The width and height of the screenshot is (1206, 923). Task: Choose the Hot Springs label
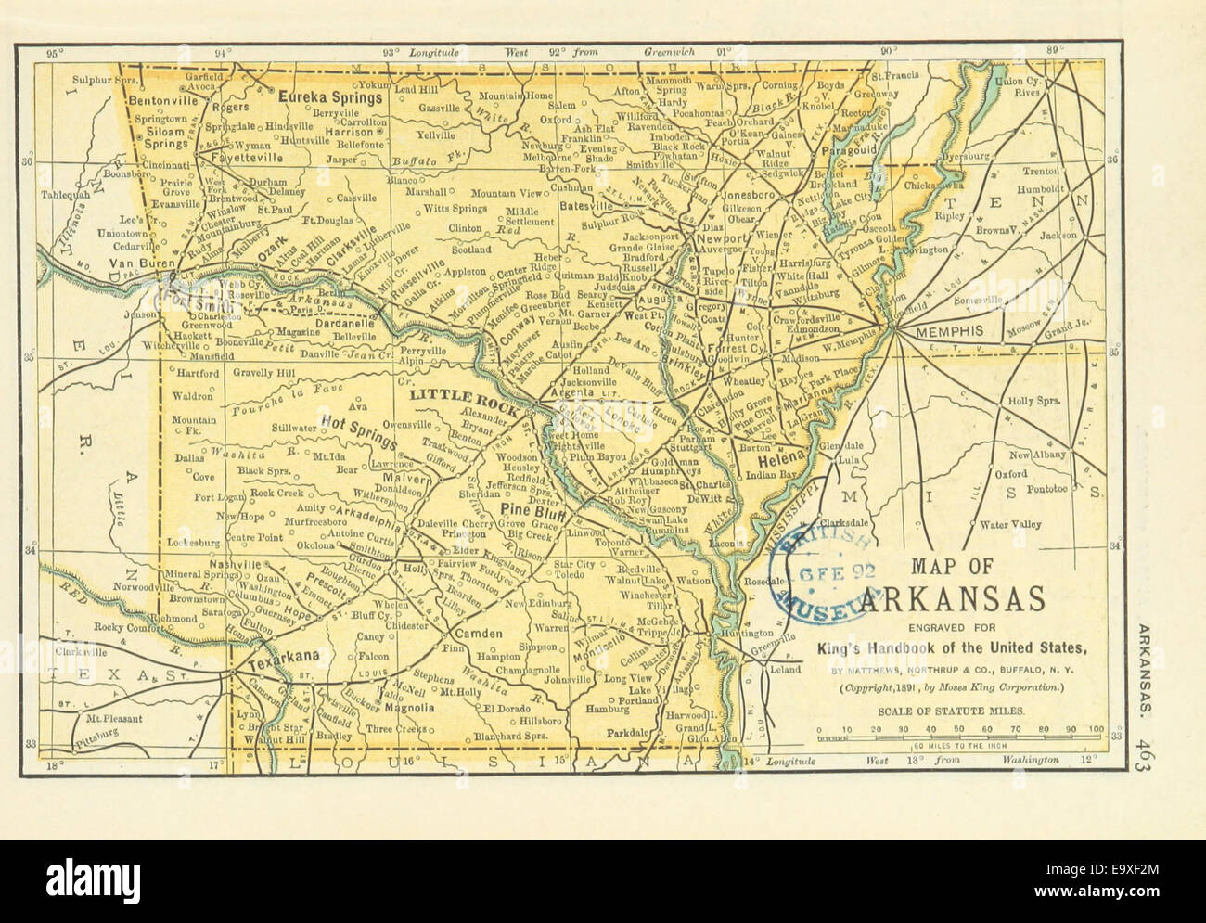click(360, 422)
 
